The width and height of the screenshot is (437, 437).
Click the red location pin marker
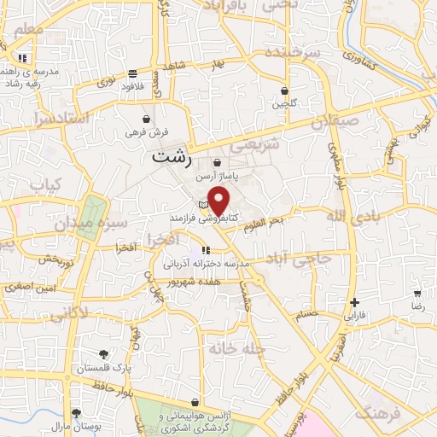(219, 201)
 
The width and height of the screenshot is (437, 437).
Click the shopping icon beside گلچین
(284, 90)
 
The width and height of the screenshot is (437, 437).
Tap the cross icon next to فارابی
(354, 302)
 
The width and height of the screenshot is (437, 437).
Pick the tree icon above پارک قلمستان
(103, 353)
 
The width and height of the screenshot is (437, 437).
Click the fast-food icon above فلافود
(133, 73)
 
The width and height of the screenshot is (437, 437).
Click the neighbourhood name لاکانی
(69, 315)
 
